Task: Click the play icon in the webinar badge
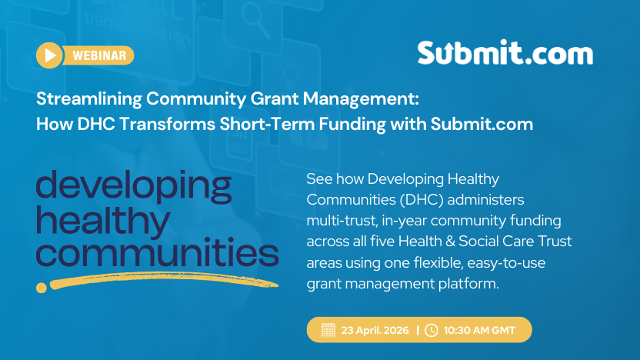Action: (x=51, y=55)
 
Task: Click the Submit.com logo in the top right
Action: (x=505, y=53)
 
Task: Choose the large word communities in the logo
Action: (x=157, y=252)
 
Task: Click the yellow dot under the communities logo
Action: (x=42, y=287)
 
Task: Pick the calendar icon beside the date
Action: (x=328, y=330)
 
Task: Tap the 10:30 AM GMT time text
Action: (x=479, y=330)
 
